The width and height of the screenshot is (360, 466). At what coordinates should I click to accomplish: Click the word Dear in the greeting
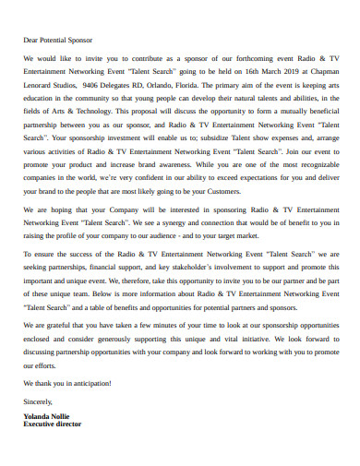[31, 41]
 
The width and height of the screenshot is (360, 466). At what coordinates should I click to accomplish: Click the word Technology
[99, 107]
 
